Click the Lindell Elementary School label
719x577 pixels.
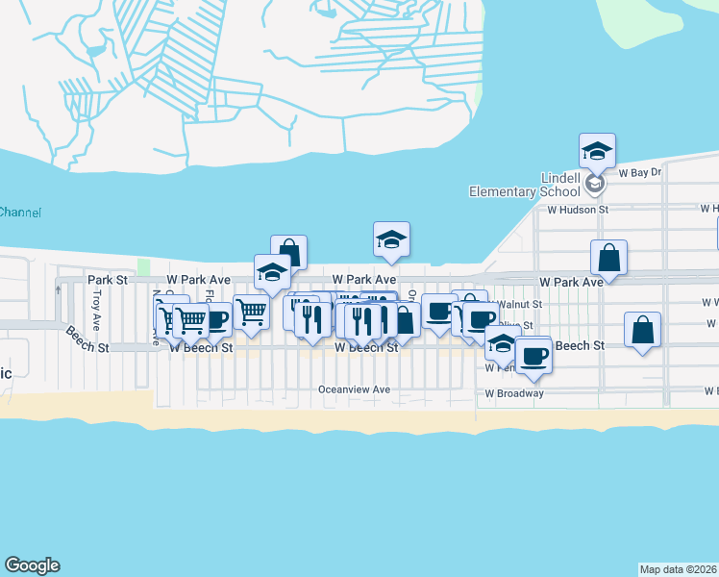pos(515,185)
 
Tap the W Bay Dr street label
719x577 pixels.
pos(640,173)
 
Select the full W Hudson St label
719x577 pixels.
pos(579,208)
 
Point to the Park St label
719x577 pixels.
pos(108,280)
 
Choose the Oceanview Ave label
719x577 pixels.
pos(355,389)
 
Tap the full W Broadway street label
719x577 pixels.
pos(514,393)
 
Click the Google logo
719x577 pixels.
pos(32,565)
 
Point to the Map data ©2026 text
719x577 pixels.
pos(678,569)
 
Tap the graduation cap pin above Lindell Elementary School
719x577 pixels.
pos(597,151)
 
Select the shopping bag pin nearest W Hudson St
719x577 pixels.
pos(609,258)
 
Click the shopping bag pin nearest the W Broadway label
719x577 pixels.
pos(642,330)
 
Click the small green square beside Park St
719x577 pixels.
pos(144,266)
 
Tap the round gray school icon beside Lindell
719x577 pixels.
pos(596,181)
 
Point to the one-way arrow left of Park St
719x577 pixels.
pos(59,288)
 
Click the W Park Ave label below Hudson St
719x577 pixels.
pos(571,282)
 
